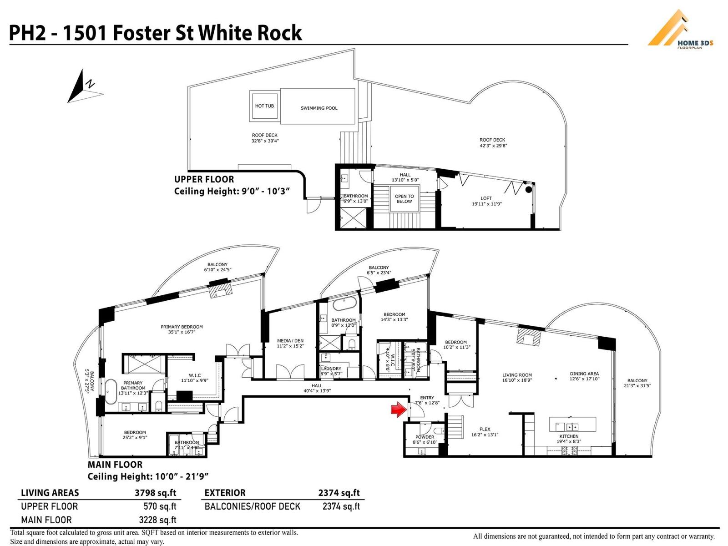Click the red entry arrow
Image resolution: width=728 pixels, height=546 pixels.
click(399, 409)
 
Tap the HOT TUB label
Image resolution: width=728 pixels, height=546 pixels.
click(264, 106)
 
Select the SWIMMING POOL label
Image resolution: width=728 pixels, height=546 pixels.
click(319, 108)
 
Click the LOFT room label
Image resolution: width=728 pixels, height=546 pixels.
click(486, 198)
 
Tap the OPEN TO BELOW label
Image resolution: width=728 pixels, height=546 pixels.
click(404, 199)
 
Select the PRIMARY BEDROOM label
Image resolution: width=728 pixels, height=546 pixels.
click(182, 327)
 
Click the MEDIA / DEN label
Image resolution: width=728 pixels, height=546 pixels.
click(290, 340)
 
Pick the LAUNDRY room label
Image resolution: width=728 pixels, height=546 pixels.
click(331, 369)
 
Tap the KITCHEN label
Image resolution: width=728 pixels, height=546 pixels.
click(569, 436)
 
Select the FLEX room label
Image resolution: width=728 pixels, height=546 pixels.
click(485, 429)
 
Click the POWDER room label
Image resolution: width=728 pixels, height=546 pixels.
click(425, 437)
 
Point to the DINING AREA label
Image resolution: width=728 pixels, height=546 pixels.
click(584, 374)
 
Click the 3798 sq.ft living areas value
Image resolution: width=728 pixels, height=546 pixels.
click(155, 493)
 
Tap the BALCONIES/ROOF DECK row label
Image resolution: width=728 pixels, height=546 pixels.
click(253, 506)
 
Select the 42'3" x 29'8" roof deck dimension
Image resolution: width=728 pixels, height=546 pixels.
click(493, 146)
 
